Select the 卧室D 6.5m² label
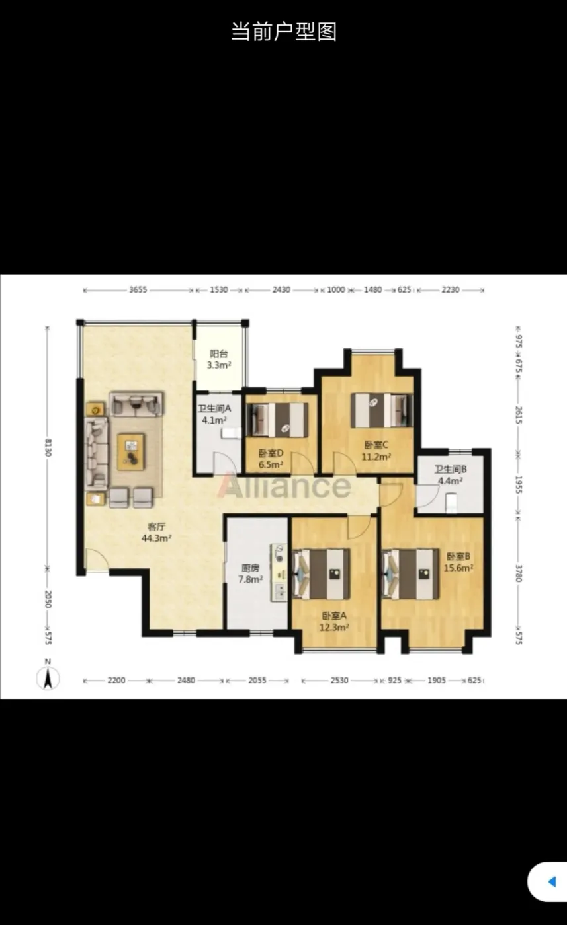coord(271,459)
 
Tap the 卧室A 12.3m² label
coord(334,622)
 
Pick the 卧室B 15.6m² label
coord(458,562)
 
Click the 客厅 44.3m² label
coord(157,533)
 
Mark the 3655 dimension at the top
coord(138,290)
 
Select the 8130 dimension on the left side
coord(48,447)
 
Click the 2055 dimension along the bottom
coord(257,680)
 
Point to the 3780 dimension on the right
coord(519,573)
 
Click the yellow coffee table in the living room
coord(131,451)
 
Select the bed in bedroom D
coord(277,420)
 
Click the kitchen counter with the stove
coord(279,572)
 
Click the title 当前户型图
coord(284,32)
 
